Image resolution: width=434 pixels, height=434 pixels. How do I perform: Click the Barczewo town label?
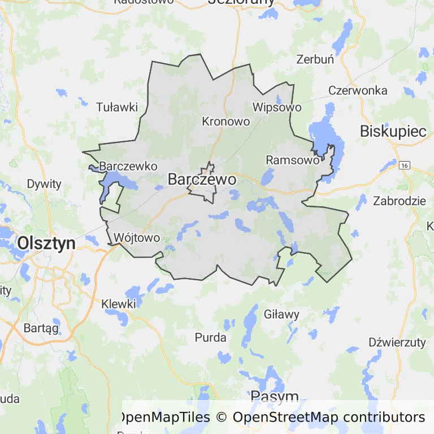(x=202, y=180)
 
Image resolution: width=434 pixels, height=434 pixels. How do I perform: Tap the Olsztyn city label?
(x=46, y=243)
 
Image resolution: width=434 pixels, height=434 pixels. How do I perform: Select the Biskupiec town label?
(x=393, y=131)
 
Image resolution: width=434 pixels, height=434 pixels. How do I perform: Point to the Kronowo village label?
(x=225, y=121)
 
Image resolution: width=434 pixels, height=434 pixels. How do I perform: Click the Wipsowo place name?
(x=277, y=107)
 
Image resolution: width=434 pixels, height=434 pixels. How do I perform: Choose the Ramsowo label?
(x=292, y=160)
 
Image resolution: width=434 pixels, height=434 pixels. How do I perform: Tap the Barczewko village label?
(x=128, y=167)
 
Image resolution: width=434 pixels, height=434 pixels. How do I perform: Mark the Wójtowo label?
(x=137, y=237)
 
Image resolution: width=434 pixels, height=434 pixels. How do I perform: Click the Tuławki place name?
(x=117, y=107)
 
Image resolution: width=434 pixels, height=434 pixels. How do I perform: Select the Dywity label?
(x=44, y=184)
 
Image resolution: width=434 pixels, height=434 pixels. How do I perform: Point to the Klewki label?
(x=119, y=304)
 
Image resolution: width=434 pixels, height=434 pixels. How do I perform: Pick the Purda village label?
(x=210, y=338)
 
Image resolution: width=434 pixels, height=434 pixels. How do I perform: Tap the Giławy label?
(x=281, y=314)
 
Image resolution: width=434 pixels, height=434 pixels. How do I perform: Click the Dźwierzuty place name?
(x=397, y=342)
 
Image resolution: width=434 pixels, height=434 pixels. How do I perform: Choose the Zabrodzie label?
(x=399, y=201)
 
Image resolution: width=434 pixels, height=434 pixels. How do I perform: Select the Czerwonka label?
(x=358, y=90)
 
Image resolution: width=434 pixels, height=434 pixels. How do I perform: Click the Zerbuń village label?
(x=315, y=59)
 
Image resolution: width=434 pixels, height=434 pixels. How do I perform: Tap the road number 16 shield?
(x=403, y=165)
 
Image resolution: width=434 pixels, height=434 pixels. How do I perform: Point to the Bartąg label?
(x=41, y=328)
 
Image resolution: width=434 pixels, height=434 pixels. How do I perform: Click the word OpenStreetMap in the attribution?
(x=285, y=418)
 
